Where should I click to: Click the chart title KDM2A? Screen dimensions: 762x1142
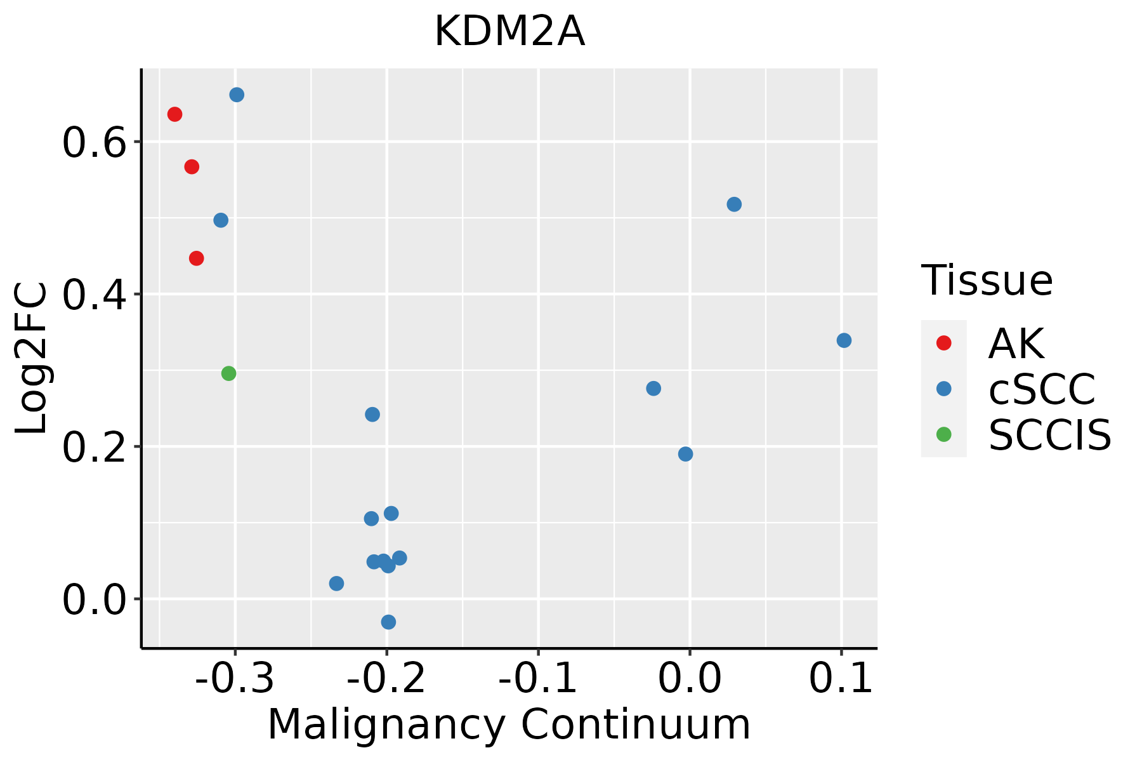(509, 32)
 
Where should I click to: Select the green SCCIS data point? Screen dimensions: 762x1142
(229, 373)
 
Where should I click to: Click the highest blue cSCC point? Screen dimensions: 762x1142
(237, 95)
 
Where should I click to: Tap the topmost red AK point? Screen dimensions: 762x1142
(175, 114)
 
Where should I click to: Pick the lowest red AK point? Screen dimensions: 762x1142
(197, 258)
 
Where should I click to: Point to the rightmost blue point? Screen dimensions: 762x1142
(844, 340)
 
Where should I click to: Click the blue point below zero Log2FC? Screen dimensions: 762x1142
(389, 622)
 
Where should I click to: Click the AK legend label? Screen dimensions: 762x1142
(1016, 344)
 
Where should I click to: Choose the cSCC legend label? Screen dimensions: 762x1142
(1042, 389)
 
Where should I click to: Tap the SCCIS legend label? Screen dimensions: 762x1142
(1050, 435)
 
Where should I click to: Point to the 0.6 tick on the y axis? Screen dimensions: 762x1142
(93, 144)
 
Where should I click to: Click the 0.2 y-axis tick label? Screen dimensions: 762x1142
(93, 448)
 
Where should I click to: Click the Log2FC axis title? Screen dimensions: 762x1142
(32, 358)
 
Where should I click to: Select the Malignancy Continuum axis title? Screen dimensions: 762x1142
(509, 725)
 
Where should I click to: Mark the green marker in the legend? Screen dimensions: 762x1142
(944, 434)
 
